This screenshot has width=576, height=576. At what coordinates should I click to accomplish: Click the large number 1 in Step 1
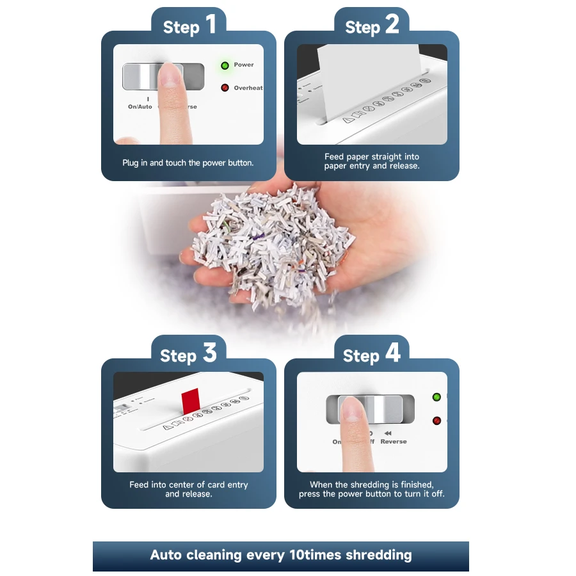210,26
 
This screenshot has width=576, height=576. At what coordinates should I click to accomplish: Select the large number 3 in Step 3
209,353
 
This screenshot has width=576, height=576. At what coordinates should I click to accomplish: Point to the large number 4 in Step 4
392,353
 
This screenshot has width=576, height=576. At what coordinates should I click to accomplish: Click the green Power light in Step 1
225,65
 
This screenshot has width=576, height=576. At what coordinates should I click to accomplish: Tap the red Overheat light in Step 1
225,88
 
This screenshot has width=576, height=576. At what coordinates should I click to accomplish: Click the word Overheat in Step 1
248,88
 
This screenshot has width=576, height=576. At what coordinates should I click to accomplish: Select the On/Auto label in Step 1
140,107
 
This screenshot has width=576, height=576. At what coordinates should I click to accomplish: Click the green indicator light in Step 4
436,397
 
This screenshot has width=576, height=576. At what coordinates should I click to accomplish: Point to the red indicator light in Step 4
436,420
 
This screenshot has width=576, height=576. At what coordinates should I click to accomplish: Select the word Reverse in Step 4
393,442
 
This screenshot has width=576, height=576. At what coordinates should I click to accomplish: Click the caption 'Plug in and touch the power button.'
188,163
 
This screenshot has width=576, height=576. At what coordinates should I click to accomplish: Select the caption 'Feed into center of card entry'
188,484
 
